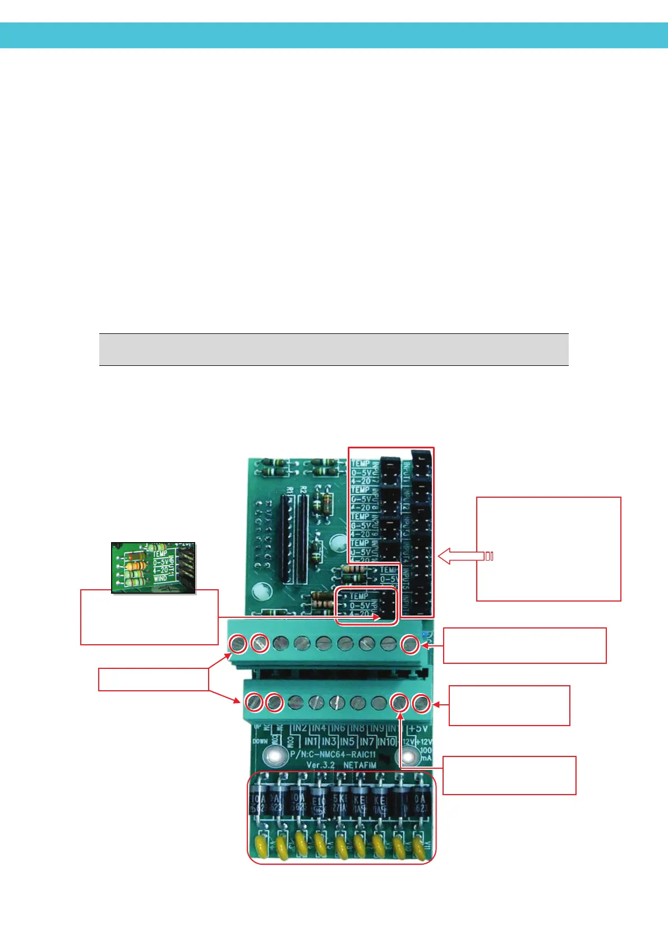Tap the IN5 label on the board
tap(347, 741)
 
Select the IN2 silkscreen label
tap(300, 728)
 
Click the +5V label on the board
tap(418, 728)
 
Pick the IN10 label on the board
tap(386, 741)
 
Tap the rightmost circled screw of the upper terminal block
tap(410, 644)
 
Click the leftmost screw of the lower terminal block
tap(254, 701)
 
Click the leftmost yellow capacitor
tap(260, 844)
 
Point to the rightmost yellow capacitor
tap(418, 846)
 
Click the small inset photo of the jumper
tap(153, 567)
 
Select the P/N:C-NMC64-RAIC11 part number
tap(333, 754)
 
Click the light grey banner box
tap(334, 350)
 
